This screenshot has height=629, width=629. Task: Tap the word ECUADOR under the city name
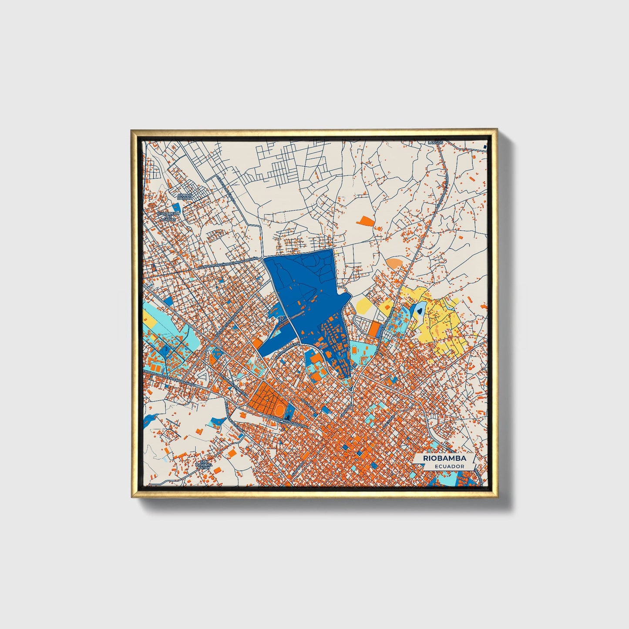tap(449, 466)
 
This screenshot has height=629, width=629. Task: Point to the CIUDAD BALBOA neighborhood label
tap(185, 197)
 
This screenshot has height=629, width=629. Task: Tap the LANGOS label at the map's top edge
tap(435, 142)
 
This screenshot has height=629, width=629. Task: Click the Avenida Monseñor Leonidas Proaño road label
tap(227, 263)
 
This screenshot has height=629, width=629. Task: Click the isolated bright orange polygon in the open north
tap(365, 220)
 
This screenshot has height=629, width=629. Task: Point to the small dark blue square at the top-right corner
tap(484, 148)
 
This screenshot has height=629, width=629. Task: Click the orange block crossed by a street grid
tap(264, 394)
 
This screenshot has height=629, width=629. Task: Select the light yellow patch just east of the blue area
tap(363, 306)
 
